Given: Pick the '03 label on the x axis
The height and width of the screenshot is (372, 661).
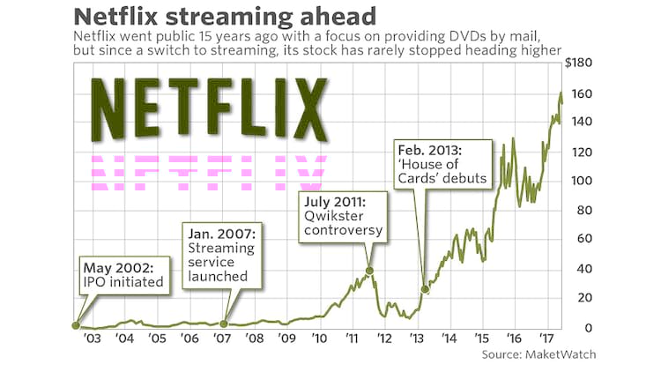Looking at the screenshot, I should coord(91,339).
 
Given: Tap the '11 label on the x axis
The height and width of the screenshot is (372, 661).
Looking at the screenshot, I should coord(351,339).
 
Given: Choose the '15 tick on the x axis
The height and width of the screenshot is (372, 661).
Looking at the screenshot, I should coord(480,339).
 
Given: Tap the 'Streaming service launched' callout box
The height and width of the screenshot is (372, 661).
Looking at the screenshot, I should coord(223,252).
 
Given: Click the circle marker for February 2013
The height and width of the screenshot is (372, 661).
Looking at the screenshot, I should coord(425,289).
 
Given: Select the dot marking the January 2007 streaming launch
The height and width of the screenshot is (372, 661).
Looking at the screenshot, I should coord(224,324).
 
